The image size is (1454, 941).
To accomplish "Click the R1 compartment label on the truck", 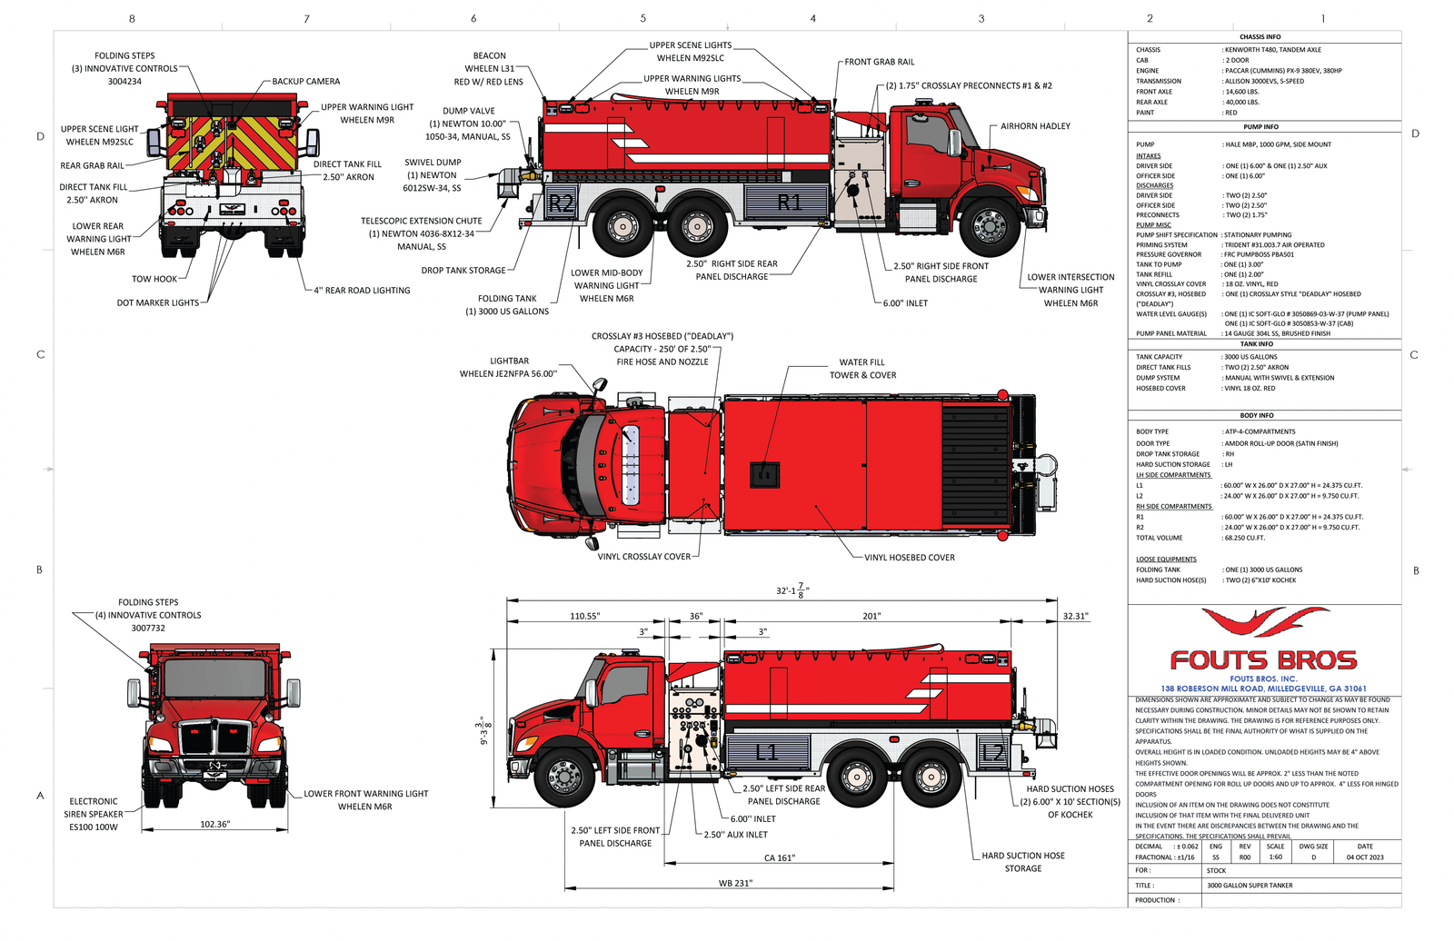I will [789, 202].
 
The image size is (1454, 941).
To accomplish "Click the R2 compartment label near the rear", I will [562, 203].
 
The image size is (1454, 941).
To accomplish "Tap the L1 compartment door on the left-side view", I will [767, 751].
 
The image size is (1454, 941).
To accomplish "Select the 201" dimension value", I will [871, 616].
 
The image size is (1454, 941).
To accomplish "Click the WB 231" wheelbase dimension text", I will [735, 883].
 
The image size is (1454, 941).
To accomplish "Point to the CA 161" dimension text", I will [779, 857].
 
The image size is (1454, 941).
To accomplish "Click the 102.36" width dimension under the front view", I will [215, 824].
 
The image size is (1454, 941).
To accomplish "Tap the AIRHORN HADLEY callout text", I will [1035, 126].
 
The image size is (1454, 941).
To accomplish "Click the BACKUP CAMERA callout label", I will [306, 82].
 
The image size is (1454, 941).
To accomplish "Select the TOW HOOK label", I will [154, 279].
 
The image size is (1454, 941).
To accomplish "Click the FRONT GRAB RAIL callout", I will [879, 62].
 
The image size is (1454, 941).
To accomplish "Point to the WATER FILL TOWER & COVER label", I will [862, 369].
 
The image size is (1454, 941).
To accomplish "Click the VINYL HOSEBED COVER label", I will [909, 558].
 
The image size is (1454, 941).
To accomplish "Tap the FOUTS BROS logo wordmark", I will [1263, 660].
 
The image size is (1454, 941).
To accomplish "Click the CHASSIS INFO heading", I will [1260, 37].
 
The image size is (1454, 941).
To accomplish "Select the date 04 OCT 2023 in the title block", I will [1365, 857].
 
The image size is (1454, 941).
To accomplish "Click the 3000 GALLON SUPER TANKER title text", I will [1250, 885].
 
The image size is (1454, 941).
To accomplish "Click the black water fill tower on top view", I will [764, 474].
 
